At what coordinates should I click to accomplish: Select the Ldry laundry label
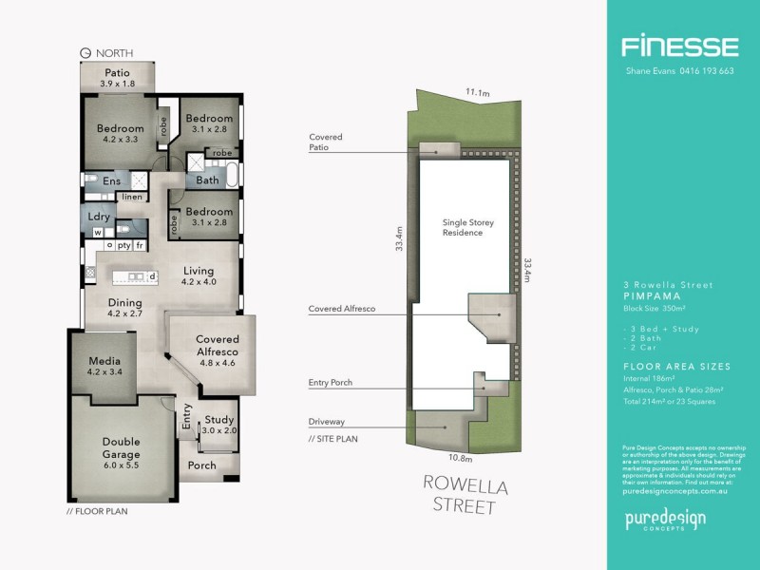coord(99,217)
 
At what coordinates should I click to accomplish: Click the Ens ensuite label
coord(111,180)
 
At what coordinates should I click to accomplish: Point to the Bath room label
coord(207,180)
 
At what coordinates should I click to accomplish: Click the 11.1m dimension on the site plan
coord(478,92)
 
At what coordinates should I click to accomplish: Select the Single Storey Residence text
coord(468,227)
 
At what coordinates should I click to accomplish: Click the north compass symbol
coord(85,53)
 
